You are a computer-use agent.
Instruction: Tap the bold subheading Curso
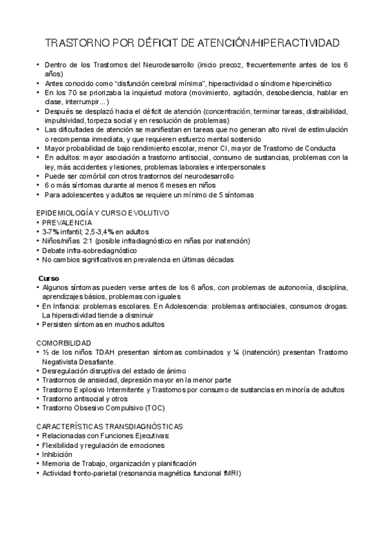pyautogui.click(x=48, y=278)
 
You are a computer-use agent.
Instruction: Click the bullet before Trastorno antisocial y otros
pyautogui.click(x=38, y=399)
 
